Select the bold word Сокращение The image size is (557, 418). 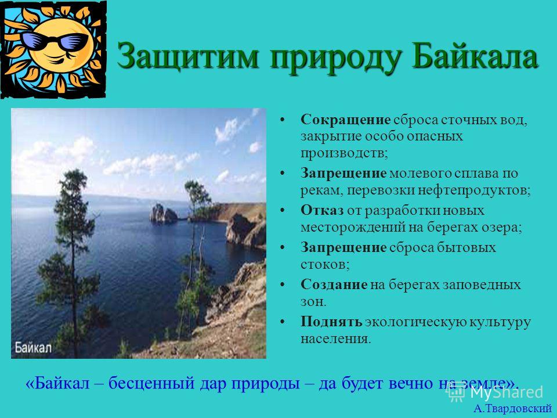coord(345,120)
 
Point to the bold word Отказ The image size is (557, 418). coord(322,210)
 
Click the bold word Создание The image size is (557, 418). coord(334,284)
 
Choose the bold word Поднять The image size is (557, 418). coord(331,322)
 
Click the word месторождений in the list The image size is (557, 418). coord(353,228)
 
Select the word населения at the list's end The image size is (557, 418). coord(336,338)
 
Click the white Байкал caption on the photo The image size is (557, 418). coord(33,348)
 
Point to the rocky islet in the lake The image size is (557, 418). coord(164,214)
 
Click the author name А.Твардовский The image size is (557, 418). coord(512,409)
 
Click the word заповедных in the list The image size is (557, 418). coord(482,285)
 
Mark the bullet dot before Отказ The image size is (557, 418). coord(283,211)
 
